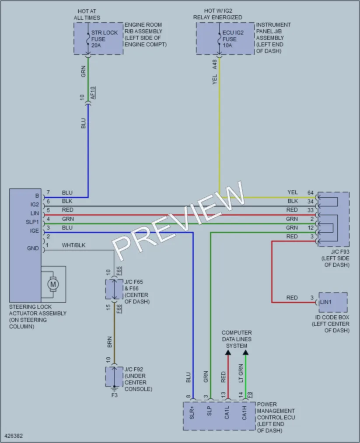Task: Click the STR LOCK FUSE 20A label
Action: click(104, 39)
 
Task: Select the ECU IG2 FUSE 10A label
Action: click(233, 39)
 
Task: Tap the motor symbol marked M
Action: click(53, 284)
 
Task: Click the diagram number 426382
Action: click(14, 436)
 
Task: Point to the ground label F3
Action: click(115, 395)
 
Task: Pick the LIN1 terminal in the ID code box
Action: click(325, 302)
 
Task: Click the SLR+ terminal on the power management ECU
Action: click(192, 413)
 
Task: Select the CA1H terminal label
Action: click(245, 413)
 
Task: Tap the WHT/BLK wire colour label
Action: click(73, 245)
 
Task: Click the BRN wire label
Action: click(110, 342)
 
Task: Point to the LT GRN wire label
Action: click(241, 373)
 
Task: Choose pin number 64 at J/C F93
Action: click(311, 193)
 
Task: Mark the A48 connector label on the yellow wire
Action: click(214, 64)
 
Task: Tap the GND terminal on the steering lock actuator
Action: click(33, 248)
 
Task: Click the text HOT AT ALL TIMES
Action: click(87, 14)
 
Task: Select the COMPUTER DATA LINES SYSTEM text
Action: click(237, 339)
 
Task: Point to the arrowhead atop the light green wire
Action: click(245, 352)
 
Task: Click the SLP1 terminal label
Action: click(32, 222)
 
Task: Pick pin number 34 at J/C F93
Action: click(311, 201)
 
